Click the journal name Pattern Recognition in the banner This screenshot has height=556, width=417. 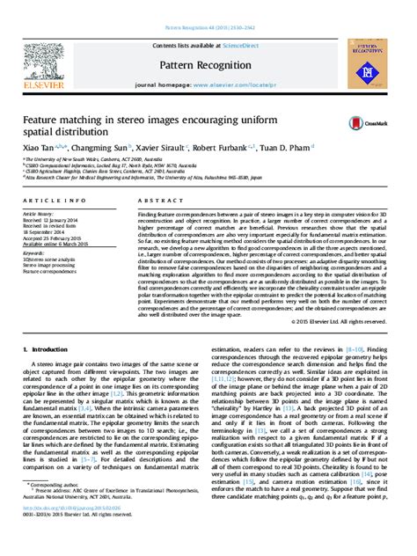208,65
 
